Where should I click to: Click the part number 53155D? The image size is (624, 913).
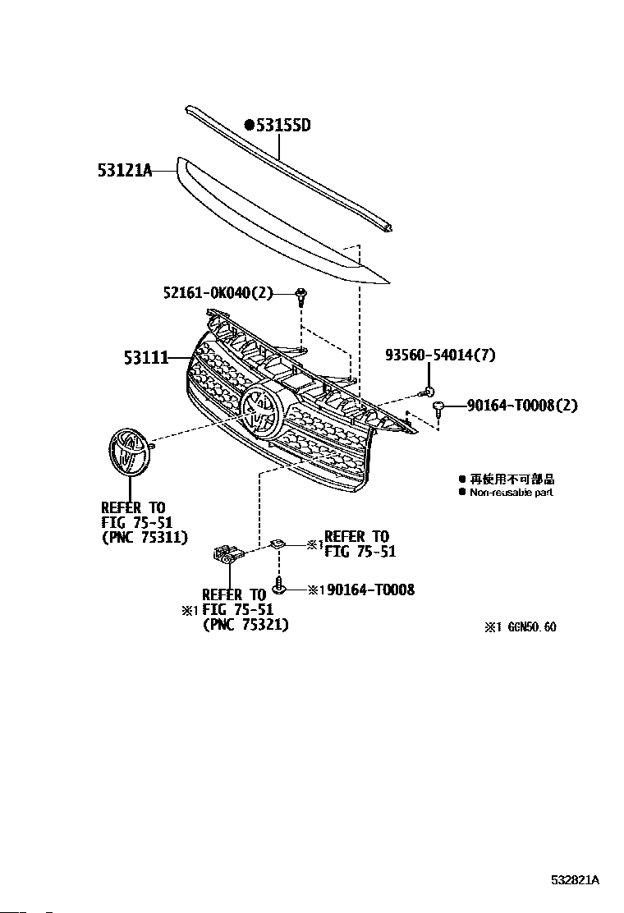[283, 126]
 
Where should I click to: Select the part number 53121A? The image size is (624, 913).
[126, 171]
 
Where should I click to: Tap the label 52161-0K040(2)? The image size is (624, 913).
[217, 293]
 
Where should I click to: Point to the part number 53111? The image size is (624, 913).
[146, 357]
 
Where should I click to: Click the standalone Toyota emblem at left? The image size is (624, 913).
[129, 452]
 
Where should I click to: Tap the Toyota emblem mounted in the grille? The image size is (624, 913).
[261, 410]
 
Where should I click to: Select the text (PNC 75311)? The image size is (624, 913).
[145, 538]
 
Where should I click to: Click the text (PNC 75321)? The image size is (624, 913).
[245, 625]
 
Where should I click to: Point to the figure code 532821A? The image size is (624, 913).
[575, 880]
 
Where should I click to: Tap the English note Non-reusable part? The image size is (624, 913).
[511, 493]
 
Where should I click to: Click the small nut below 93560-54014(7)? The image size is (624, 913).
[429, 392]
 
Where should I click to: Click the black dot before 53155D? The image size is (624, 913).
[249, 126]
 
